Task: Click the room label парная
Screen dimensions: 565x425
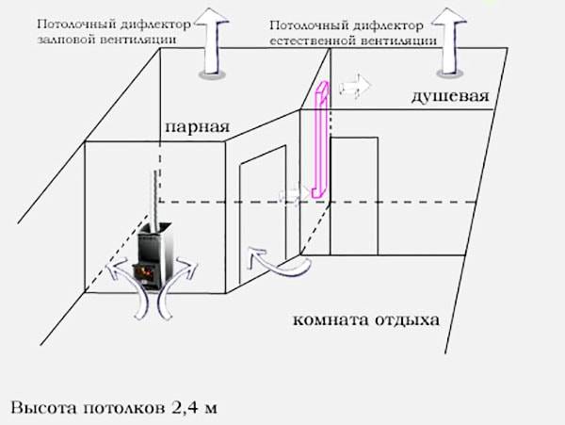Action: (197, 127)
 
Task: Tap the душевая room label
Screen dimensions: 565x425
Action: (450, 96)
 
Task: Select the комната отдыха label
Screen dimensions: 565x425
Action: (366, 320)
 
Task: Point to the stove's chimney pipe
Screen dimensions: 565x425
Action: (155, 198)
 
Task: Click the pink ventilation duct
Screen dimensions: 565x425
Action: (321, 139)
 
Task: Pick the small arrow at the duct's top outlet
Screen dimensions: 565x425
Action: (355, 87)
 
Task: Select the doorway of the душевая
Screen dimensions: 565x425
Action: (354, 196)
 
